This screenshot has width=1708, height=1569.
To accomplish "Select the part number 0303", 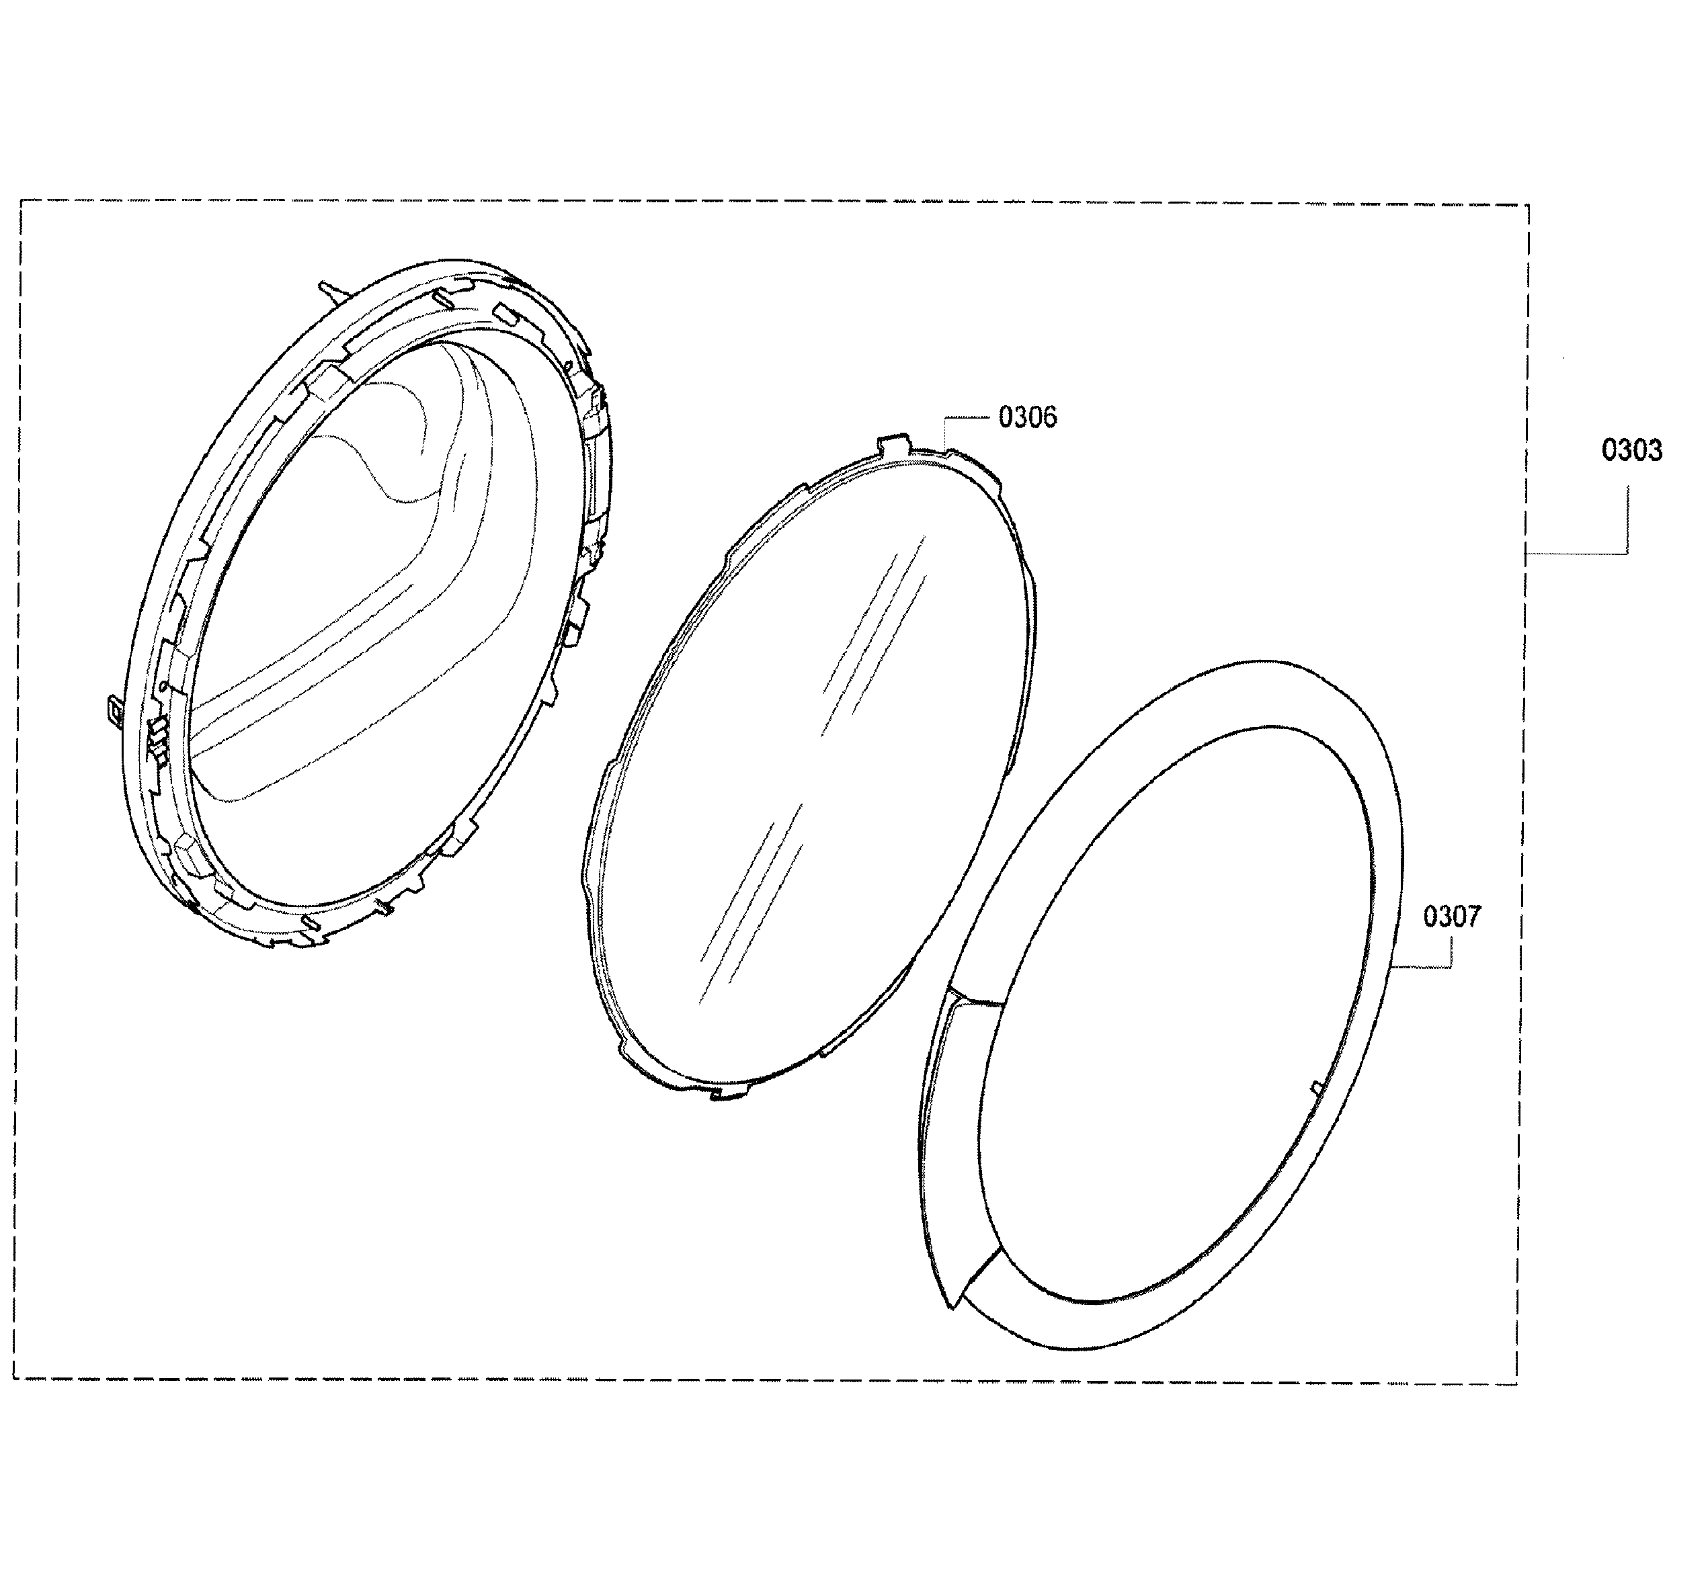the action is click(1631, 450).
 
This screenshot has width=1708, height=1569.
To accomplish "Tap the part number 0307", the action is click(1451, 917).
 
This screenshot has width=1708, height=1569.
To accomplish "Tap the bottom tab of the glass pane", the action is click(727, 1095).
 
